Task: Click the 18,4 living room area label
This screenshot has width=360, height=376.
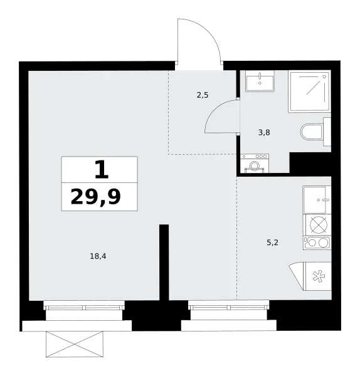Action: [x=98, y=256]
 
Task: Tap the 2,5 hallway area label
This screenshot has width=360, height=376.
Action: [x=203, y=95]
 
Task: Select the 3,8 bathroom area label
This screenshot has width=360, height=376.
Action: [x=264, y=132]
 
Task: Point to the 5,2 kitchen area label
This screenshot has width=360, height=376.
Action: [x=272, y=243]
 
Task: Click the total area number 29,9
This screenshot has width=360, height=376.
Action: [x=95, y=197]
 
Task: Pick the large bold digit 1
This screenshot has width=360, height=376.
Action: [x=102, y=170]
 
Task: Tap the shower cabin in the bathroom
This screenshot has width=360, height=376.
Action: [x=310, y=91]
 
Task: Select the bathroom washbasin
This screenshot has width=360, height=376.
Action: [x=260, y=81]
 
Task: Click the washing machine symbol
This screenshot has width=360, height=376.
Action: [x=255, y=164]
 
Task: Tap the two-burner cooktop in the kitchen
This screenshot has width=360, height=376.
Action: [x=317, y=243]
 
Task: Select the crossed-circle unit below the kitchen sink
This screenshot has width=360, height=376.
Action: [x=317, y=225]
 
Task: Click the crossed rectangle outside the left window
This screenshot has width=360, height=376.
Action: [x=75, y=344]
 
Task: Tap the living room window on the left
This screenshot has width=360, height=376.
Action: [x=84, y=308]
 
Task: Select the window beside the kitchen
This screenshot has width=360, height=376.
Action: [x=229, y=308]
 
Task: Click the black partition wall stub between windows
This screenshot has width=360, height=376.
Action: [x=164, y=262]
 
